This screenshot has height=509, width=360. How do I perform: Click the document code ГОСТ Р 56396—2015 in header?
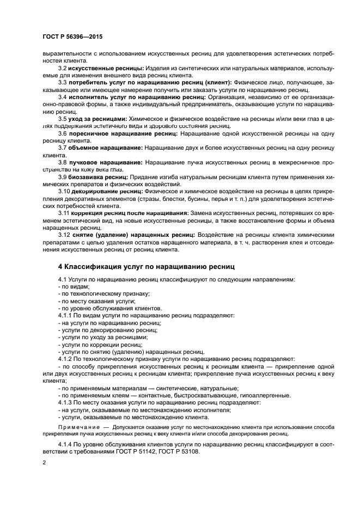tap(72, 36)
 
